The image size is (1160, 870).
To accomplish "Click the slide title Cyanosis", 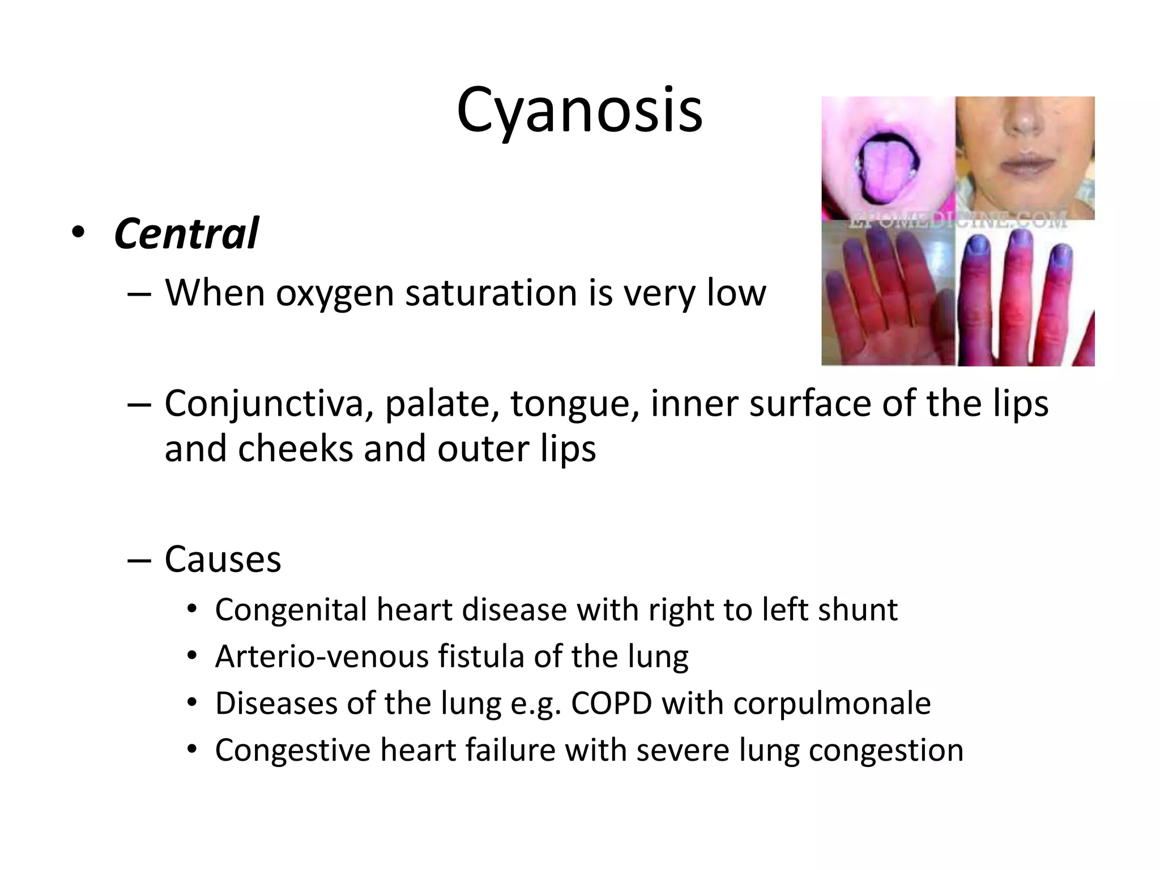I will [x=579, y=110].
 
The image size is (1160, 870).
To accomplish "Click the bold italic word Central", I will [x=186, y=233].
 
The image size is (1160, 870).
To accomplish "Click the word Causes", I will [x=223, y=560].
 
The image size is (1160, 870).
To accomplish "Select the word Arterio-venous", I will [x=322, y=657].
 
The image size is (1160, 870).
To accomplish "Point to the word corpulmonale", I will [x=831, y=704].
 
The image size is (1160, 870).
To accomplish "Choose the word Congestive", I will [x=293, y=750].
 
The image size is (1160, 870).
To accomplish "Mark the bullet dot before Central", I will [x=78, y=233].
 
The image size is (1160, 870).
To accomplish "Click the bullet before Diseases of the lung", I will [x=192, y=703].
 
